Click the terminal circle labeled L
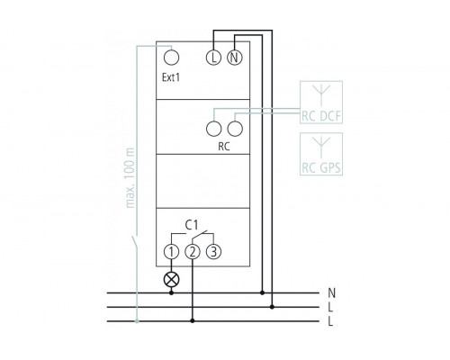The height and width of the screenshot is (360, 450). click(x=213, y=58)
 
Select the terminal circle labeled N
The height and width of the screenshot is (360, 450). click(x=235, y=58)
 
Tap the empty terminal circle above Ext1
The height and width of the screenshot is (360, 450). click(x=172, y=58)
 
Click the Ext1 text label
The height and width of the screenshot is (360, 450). click(x=171, y=77)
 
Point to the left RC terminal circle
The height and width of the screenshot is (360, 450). click(x=214, y=129)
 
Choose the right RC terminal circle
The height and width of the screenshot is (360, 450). click(x=235, y=129)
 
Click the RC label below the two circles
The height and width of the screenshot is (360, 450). click(x=224, y=147)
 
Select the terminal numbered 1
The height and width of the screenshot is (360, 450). click(x=171, y=252)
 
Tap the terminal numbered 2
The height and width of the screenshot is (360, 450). click(x=193, y=252)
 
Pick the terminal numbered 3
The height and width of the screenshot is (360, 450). click(x=213, y=252)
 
